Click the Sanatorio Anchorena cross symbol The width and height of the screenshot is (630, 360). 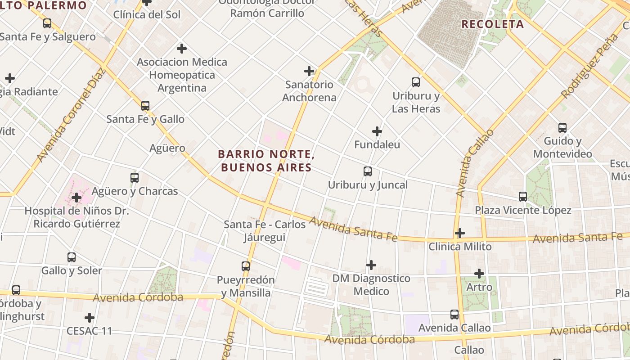(x=309, y=71)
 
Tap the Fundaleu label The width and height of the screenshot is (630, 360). (x=377, y=145)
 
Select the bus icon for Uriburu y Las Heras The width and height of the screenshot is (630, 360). (x=416, y=82)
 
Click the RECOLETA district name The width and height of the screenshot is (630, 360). (x=493, y=24)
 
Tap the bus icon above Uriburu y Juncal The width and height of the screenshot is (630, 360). (x=368, y=171)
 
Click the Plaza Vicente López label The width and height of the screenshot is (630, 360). (x=523, y=210)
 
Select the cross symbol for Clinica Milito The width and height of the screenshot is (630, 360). (x=459, y=233)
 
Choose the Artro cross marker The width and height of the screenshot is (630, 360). (x=479, y=274)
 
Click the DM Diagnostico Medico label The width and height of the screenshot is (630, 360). (x=371, y=285)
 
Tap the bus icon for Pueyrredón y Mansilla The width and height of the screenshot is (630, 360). (x=245, y=266)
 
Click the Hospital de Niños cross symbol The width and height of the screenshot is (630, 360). (x=76, y=198)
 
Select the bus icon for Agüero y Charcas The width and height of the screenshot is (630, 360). (x=135, y=178)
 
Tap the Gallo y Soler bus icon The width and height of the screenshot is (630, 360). (x=72, y=257)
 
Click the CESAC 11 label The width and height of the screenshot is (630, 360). (x=89, y=331)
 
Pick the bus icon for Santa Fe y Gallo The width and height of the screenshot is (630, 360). (x=145, y=106)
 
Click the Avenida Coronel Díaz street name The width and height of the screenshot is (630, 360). (x=71, y=115)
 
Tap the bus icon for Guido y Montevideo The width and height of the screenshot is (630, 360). (x=562, y=128)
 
